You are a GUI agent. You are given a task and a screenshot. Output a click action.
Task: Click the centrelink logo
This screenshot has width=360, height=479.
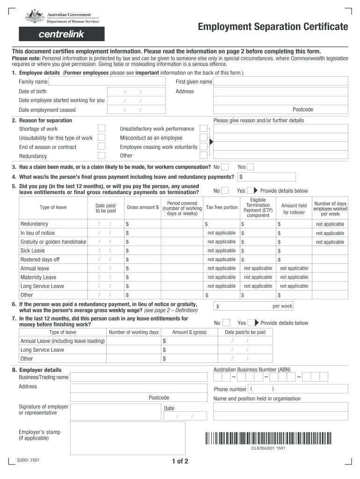[x=62, y=34]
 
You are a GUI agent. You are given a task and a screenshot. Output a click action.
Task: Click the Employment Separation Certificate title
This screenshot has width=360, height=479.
[x=273, y=27]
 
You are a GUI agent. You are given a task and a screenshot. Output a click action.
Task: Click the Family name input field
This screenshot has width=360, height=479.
[x=107, y=81]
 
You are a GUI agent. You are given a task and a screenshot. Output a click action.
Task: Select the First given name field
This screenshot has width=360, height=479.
[x=281, y=81]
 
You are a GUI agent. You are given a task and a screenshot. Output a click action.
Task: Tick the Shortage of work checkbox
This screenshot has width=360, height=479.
[x=101, y=129]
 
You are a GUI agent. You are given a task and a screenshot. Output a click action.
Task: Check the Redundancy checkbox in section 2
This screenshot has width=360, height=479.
[x=101, y=156]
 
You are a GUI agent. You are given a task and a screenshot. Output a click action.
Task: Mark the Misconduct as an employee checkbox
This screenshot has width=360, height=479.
[x=203, y=138]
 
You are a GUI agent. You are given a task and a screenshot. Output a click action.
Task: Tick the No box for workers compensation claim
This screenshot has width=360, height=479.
[x=225, y=167]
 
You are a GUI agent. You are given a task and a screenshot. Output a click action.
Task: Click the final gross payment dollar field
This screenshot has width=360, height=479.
[x=266, y=177]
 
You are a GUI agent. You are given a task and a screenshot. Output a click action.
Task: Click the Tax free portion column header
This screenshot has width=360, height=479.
[x=222, y=207]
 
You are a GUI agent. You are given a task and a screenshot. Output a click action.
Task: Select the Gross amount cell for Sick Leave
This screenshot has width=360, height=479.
[x=142, y=251]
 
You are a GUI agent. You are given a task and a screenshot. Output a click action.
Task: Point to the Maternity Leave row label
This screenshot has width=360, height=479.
[x=38, y=277]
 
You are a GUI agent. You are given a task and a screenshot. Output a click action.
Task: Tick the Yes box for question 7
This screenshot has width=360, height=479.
[x=251, y=323]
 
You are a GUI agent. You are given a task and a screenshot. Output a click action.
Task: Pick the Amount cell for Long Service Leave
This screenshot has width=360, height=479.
[x=183, y=350]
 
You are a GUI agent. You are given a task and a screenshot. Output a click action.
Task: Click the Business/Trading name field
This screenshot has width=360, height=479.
[x=138, y=377]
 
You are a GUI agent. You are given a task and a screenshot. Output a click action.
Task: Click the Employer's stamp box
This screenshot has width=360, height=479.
[x=128, y=438]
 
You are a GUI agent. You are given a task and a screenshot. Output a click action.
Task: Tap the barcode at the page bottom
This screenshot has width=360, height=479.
[x=268, y=438]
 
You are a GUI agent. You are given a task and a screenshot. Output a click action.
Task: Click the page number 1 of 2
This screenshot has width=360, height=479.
[x=180, y=462]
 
